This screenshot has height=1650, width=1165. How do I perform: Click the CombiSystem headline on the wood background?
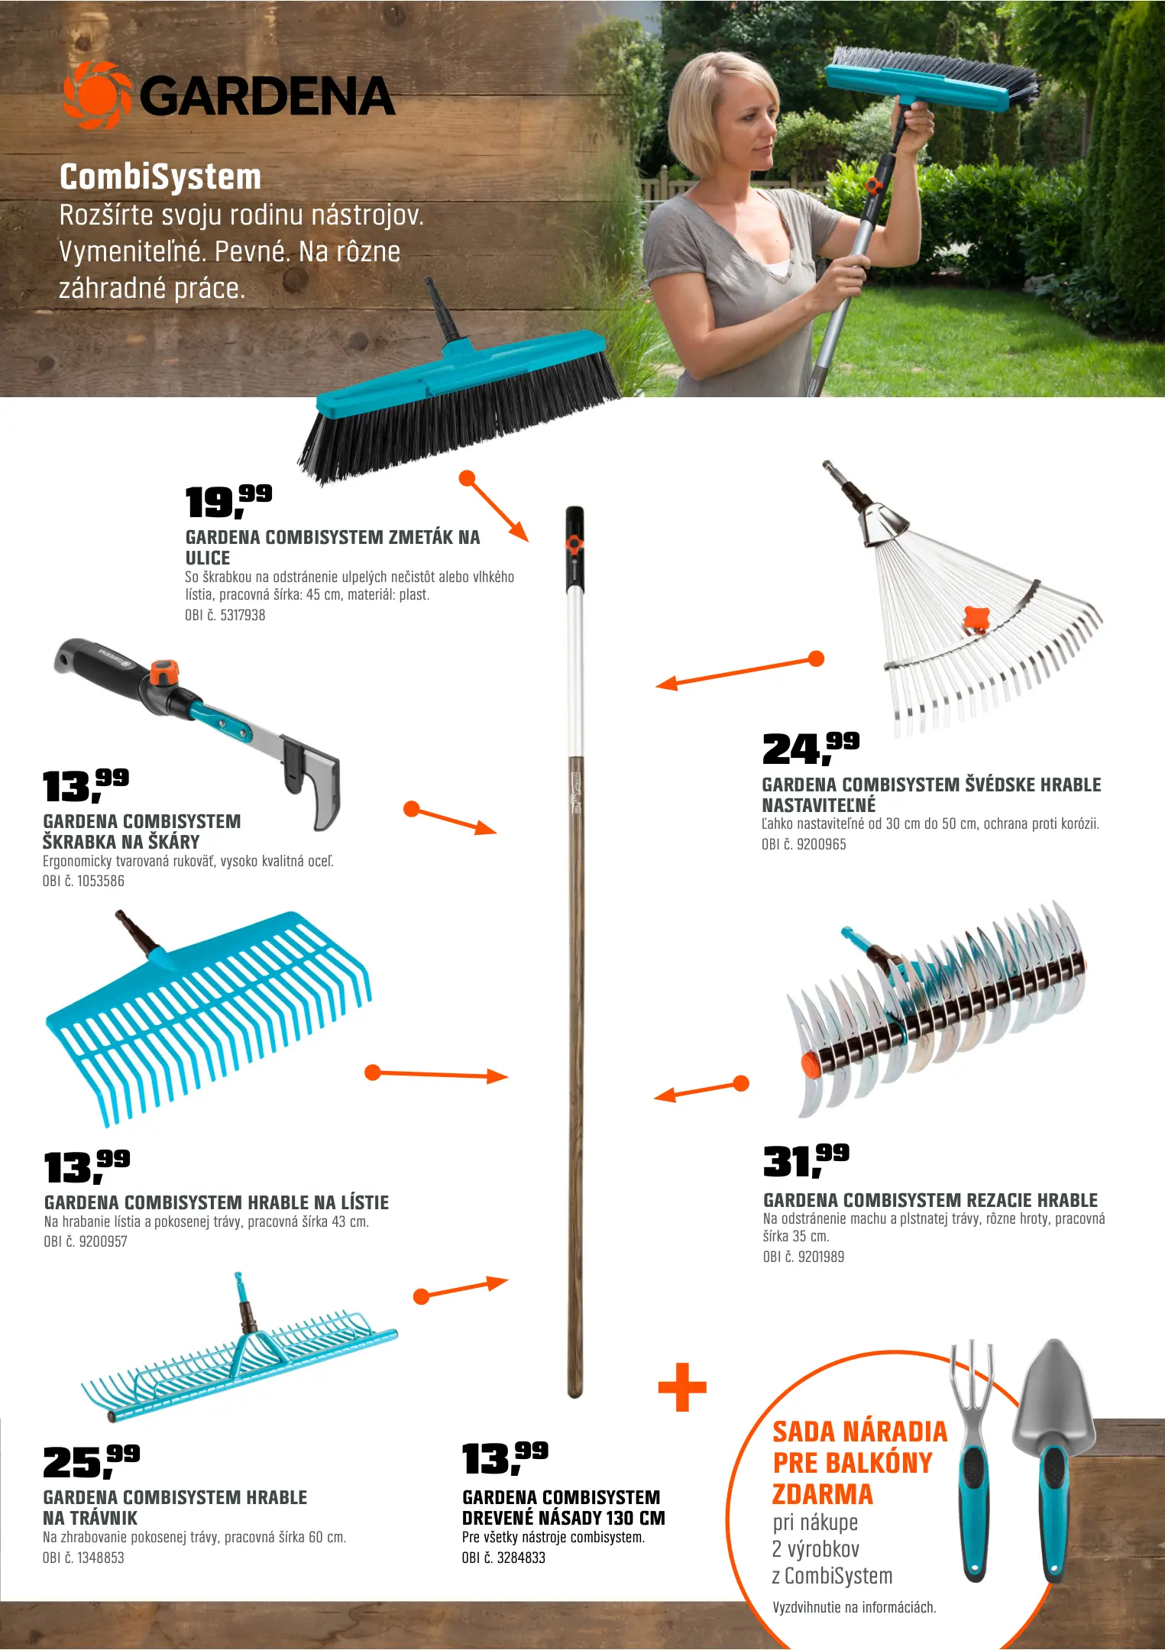click(160, 176)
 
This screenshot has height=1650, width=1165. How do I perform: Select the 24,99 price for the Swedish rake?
click(811, 748)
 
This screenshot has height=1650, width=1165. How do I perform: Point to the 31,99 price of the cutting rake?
click(806, 1160)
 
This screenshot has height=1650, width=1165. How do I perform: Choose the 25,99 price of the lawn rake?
click(91, 1461)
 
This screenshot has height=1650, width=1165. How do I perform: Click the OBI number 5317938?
click(225, 615)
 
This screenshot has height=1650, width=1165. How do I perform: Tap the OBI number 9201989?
click(804, 1257)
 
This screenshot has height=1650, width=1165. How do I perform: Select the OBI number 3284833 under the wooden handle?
click(503, 1558)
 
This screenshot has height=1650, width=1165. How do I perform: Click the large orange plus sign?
click(682, 1386)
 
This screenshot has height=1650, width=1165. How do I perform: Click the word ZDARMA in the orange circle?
click(822, 1493)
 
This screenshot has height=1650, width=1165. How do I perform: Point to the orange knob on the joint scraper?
click(163, 672)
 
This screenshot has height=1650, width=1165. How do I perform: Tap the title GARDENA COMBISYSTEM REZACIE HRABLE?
click(930, 1200)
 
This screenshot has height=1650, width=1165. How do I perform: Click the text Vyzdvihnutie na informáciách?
click(854, 1607)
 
